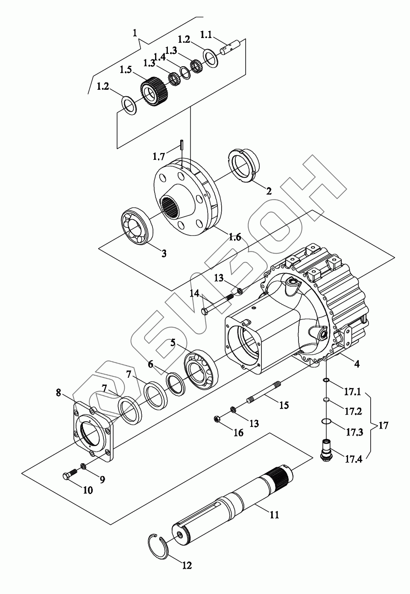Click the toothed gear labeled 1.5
pyautogui.click(x=155, y=91)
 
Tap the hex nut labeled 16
pyautogui.click(x=217, y=419)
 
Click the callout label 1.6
pyautogui.click(x=235, y=237)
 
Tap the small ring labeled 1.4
pyautogui.click(x=185, y=73)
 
